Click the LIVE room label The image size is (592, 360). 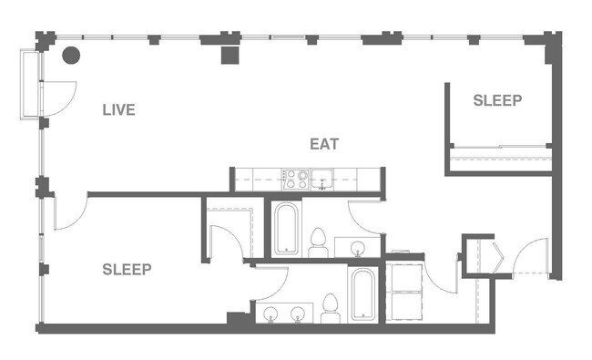tap(118, 110)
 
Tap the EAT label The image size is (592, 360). tap(325, 144)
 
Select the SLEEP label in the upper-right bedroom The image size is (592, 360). tap(497, 100)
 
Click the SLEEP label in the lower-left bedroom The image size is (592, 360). tap(127, 269)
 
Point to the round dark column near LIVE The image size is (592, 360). tap(69, 54)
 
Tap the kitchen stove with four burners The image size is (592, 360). tap(295, 179)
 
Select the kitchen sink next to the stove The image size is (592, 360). tap(323, 179)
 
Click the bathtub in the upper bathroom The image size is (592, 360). tap(285, 229)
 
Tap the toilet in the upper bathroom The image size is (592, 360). tap(319, 242)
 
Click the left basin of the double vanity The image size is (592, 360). tap(270, 314)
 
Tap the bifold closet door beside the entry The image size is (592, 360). tap(495, 254)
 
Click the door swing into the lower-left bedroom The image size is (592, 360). tap(71, 213)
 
